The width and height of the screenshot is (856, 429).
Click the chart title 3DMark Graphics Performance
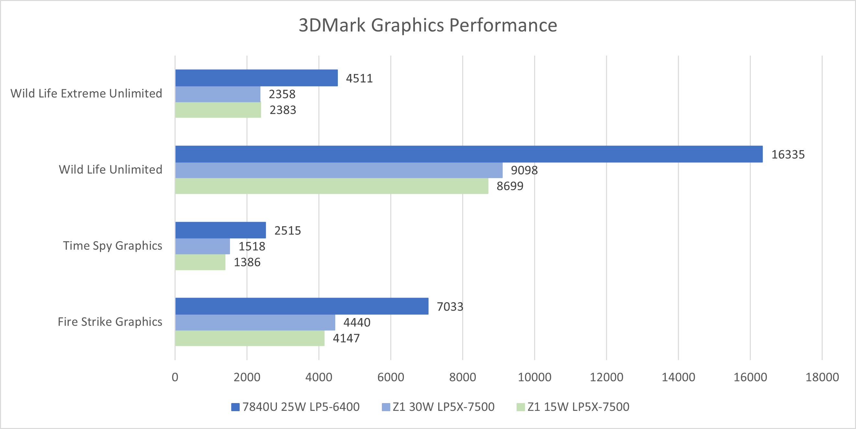coord(428,25)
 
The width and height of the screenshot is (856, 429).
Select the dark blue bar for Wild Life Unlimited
coord(469,154)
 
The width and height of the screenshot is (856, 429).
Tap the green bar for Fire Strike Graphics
coord(250,338)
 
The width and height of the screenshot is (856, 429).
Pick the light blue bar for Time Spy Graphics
coord(202,246)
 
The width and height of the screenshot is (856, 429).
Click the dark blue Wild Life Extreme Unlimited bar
coord(256,78)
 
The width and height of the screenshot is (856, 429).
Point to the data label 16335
coord(788,154)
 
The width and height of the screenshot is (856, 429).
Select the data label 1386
coord(247,262)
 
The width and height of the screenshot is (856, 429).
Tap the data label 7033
coord(450,306)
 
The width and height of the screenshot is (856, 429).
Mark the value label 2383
coord(282,110)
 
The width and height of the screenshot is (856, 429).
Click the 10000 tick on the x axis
coord(534,377)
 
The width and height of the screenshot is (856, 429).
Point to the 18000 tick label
coord(822,377)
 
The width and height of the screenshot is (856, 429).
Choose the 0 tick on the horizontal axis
coord(175,377)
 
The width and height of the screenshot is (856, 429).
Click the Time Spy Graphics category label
coord(113,245)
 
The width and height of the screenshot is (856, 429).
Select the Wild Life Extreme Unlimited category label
coord(86,93)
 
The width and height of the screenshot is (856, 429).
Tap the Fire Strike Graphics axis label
coord(110,322)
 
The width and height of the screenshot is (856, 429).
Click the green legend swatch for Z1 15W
coord(520,407)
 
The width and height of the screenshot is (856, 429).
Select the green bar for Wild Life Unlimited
coord(331,186)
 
